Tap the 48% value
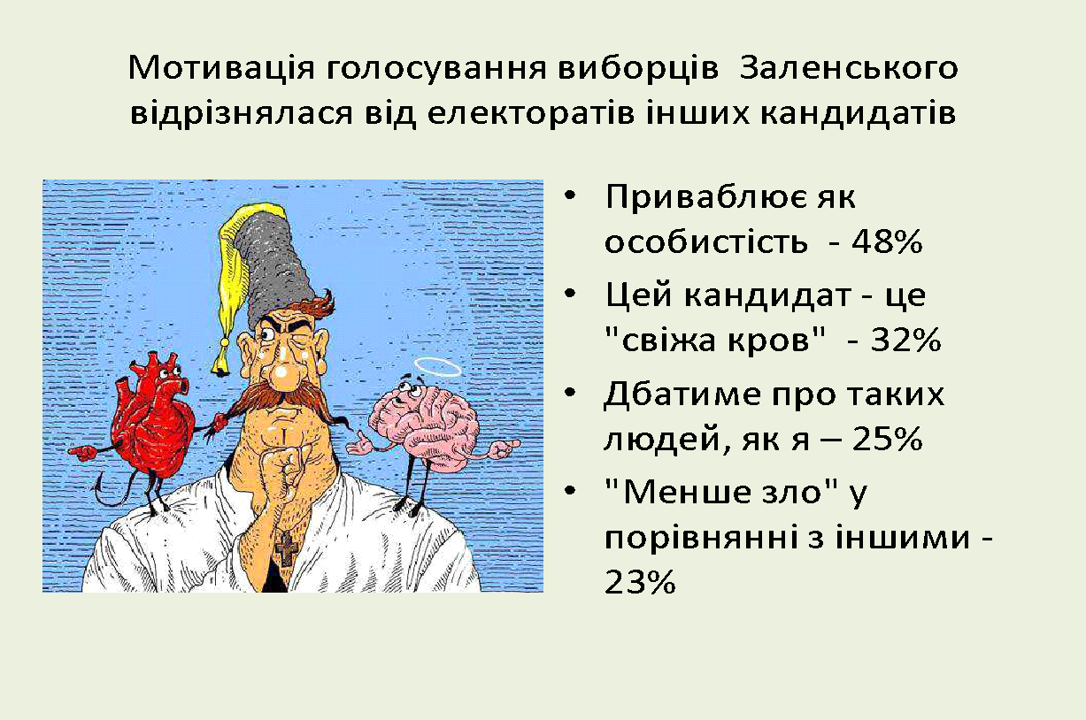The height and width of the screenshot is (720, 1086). coord(887,241)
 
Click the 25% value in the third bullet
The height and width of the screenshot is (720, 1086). coord(887,440)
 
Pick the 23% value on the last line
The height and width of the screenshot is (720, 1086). coord(640,582)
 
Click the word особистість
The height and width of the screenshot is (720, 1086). coord(706,241)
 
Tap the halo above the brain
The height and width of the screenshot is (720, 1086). coord(439,367)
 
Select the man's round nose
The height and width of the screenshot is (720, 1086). coord(286,377)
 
